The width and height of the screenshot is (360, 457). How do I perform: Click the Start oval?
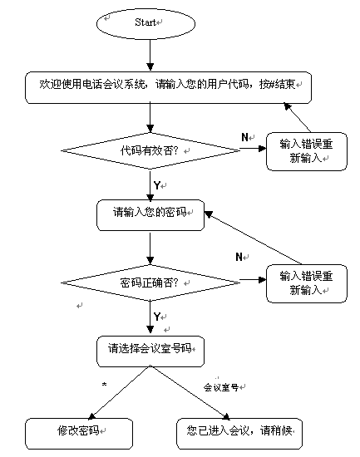tap(145, 23)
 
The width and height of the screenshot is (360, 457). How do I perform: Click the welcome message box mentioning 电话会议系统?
tap(168, 87)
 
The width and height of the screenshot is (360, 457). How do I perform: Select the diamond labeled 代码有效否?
tap(150, 150)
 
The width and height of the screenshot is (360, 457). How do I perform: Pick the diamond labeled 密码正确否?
tap(150, 283)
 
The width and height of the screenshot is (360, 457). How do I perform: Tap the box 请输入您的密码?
tap(150, 215)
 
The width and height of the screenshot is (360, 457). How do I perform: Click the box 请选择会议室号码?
tap(150, 351)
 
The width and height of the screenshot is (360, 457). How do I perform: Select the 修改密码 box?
tap(79, 434)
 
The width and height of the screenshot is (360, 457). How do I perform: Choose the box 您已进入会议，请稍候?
tap(239, 434)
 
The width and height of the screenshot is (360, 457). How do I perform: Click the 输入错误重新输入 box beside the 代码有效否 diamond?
tap(307, 151)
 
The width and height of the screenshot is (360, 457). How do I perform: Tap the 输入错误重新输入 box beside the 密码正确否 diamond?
tap(307, 283)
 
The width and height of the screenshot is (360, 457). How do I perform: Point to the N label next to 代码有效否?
tap(244, 137)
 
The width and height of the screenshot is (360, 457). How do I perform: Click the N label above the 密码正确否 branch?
tap(239, 257)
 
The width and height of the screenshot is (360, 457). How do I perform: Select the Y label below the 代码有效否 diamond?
tap(157, 185)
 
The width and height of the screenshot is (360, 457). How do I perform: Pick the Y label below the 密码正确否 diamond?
tap(157, 317)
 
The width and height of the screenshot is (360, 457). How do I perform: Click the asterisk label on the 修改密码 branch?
tap(104, 385)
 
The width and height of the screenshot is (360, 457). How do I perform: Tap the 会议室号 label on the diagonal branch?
tap(221, 387)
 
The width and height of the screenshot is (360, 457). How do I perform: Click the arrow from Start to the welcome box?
tap(150, 55)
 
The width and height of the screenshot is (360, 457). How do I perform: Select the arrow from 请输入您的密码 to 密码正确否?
tap(150, 248)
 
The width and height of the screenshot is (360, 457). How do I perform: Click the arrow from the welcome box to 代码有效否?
tap(150, 117)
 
